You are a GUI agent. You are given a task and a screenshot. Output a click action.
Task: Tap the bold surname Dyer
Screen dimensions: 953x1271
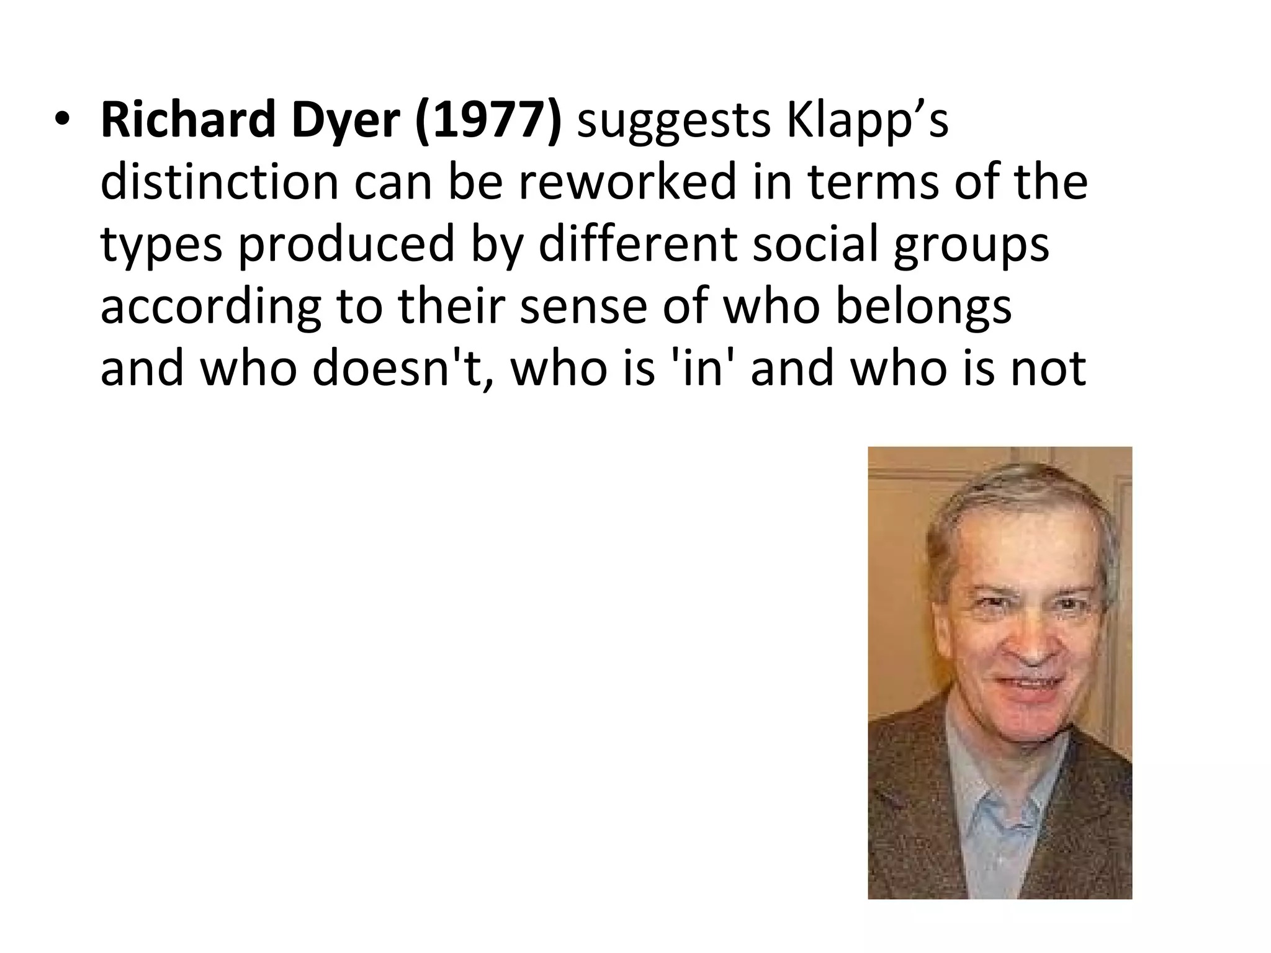(346, 121)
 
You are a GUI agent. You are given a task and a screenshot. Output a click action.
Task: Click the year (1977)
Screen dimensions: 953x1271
(488, 121)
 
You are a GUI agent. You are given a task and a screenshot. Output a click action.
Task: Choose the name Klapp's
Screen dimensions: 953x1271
(868, 121)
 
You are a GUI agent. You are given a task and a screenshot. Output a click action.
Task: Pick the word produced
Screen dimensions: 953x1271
(347, 245)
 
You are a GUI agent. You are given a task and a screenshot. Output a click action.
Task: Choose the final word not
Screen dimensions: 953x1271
(1048, 368)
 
